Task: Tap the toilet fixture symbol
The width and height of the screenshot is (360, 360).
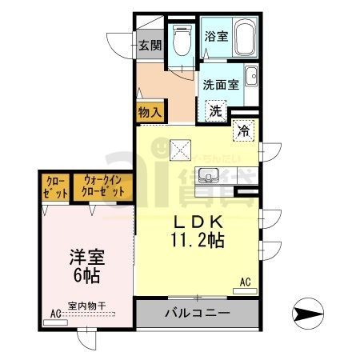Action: pyautogui.click(x=181, y=40)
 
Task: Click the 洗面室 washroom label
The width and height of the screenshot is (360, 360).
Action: pyautogui.click(x=219, y=83)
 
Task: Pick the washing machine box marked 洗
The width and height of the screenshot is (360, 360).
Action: pyautogui.click(x=216, y=111)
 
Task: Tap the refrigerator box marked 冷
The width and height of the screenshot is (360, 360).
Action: pyautogui.click(x=242, y=130)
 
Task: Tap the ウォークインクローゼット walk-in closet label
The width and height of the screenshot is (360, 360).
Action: pyautogui.click(x=102, y=189)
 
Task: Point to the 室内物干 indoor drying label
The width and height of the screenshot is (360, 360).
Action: pyautogui.click(x=87, y=305)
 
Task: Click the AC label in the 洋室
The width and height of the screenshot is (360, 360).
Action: pyautogui.click(x=56, y=313)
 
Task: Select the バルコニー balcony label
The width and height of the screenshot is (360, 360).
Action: pyautogui.click(x=198, y=312)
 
